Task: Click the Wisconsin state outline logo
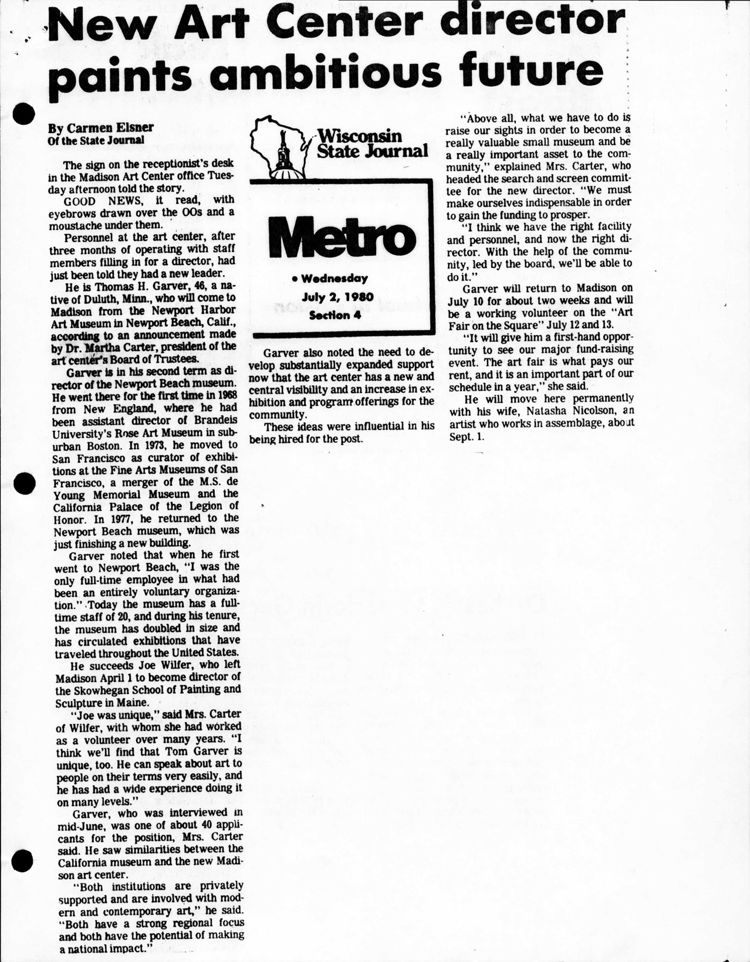(x=279, y=147)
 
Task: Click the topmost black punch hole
(x=24, y=113)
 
